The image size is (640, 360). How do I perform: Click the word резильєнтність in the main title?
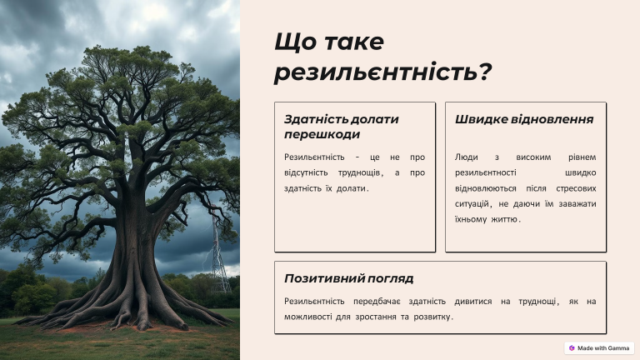click(376, 72)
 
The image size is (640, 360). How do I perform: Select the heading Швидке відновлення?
click(524, 119)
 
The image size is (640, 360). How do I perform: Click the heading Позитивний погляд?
click(349, 278)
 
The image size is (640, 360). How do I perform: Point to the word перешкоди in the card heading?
click(322, 134)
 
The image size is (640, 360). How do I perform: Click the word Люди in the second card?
click(466, 157)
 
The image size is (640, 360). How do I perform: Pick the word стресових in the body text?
click(576, 188)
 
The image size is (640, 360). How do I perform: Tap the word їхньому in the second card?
click(471, 219)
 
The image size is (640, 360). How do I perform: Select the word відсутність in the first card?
click(306, 172)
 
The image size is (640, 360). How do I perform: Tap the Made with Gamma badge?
click(599, 348)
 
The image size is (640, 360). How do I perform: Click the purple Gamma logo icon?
click(572, 348)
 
